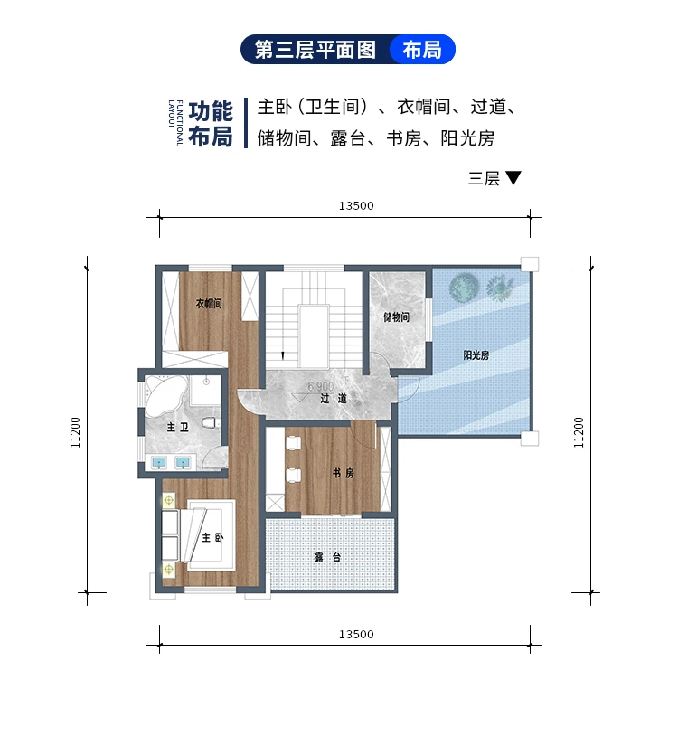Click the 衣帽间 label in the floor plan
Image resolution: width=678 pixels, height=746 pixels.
pyautogui.click(x=209, y=304)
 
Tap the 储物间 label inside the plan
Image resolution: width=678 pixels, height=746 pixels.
pyautogui.click(x=396, y=317)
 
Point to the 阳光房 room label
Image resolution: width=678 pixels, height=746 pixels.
pyautogui.click(x=476, y=355)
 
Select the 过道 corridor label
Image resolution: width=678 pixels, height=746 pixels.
pyautogui.click(x=333, y=398)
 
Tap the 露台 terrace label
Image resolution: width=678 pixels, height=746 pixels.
pyautogui.click(x=327, y=557)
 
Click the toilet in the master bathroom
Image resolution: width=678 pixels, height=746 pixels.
pyautogui.click(x=209, y=422)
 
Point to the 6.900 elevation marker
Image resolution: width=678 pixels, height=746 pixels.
pyautogui.click(x=321, y=387)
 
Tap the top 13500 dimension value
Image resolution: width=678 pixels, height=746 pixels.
pyautogui.click(x=356, y=205)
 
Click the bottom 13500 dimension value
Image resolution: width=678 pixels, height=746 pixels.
pyautogui.click(x=356, y=634)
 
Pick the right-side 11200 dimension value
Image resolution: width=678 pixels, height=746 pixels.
pyautogui.click(x=579, y=431)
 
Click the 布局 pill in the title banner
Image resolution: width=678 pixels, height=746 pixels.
pyautogui.click(x=422, y=50)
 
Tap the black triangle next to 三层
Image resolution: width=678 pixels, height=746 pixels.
pyautogui.click(x=513, y=178)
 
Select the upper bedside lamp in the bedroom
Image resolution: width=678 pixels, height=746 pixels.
pyautogui.click(x=167, y=498)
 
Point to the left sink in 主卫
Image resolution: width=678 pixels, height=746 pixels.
pyautogui.click(x=161, y=462)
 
